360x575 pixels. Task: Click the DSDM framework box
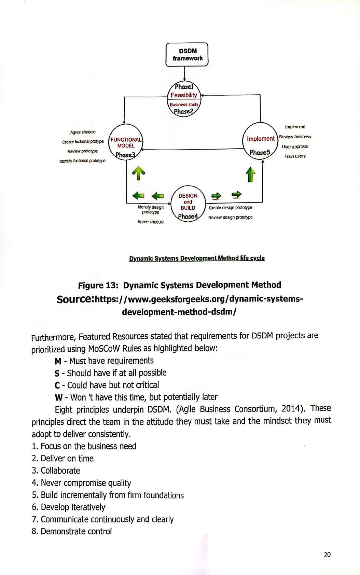[187, 55]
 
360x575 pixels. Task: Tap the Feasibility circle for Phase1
[184, 95]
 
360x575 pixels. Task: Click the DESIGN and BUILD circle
[188, 204]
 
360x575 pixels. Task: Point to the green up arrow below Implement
[251, 174]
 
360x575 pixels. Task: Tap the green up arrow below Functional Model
[139, 173]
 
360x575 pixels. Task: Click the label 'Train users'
[295, 156]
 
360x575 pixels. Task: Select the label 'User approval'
[295, 146]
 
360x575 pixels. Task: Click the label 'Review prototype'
[82, 151]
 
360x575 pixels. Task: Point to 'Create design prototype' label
[231, 208]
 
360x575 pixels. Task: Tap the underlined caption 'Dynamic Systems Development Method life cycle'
[197, 258]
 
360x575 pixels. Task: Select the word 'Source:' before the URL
[75, 299]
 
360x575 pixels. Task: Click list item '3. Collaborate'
[56, 471]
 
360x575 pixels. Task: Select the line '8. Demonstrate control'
[72, 531]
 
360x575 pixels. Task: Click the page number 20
[327, 555]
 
